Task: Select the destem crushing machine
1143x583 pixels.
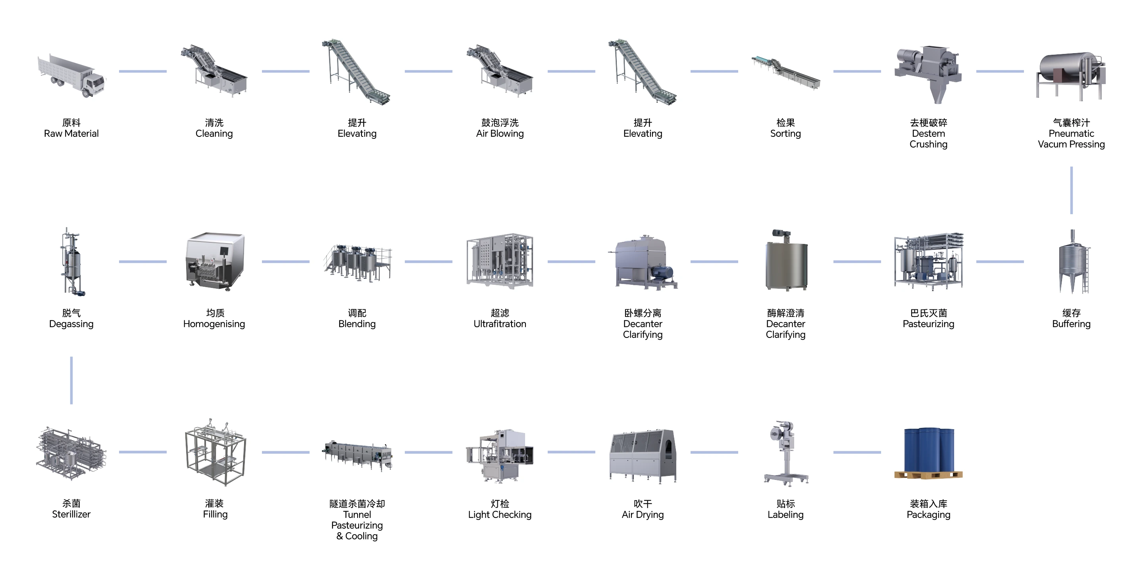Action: pos(928,73)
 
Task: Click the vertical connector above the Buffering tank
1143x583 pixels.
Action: pos(1071,190)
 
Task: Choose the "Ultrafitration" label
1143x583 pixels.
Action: pos(500,324)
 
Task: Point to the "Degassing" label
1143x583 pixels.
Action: pos(71,324)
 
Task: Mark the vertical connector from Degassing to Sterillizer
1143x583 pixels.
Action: pos(71,380)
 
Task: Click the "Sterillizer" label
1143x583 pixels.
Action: pos(71,514)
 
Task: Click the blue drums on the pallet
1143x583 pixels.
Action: pos(929,451)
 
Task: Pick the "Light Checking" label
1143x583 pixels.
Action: pos(500,514)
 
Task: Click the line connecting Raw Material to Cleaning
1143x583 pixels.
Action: pos(143,71)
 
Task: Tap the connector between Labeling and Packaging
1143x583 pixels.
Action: pos(857,452)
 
